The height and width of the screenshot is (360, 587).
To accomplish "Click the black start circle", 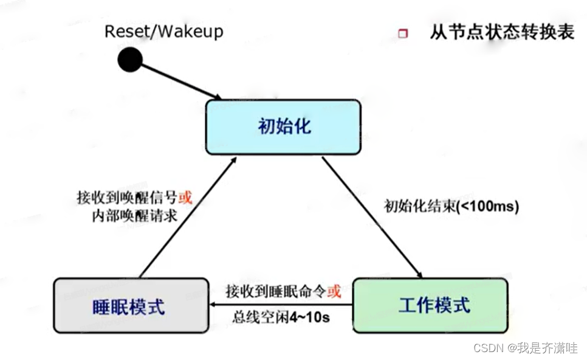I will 129,60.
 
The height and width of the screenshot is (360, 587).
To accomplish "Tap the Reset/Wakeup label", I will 164,31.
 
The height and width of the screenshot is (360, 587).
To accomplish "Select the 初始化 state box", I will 283,126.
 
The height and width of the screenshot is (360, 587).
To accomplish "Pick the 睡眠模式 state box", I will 131,305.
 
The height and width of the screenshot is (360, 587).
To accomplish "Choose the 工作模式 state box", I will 430,305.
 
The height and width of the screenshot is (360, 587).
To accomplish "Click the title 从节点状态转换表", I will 502,32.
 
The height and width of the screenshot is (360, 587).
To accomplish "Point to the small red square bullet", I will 403,34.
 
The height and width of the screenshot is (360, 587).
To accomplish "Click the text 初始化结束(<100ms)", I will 451,206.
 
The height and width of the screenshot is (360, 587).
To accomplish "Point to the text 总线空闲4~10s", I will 281,317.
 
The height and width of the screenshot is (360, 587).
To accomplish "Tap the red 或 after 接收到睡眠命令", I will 334,291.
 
